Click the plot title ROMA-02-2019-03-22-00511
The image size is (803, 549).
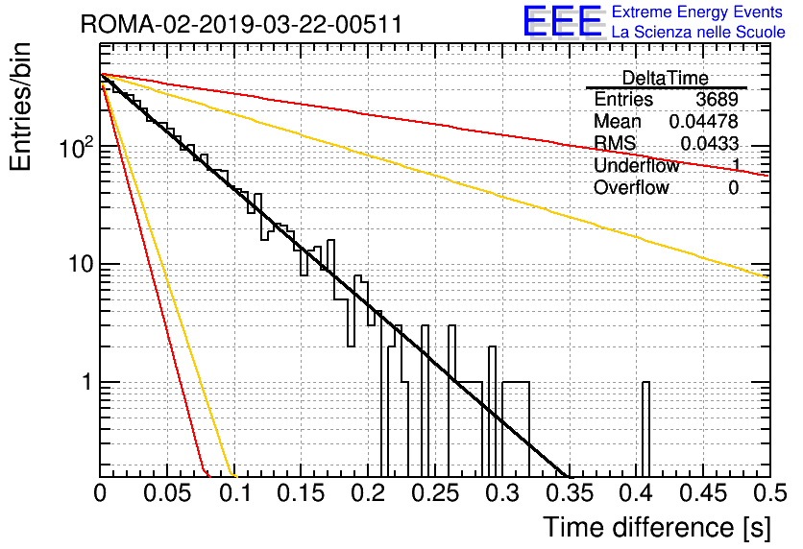click(x=241, y=24)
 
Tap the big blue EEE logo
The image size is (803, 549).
click(x=563, y=22)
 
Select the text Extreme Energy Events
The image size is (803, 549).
click(x=697, y=12)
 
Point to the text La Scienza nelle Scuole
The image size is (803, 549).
click(x=698, y=33)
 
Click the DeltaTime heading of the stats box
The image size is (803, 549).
click(x=666, y=78)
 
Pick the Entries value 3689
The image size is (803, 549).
click(x=717, y=99)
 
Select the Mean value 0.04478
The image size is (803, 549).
click(x=704, y=121)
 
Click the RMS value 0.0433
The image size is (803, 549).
click(x=709, y=144)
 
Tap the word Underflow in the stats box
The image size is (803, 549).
click(x=637, y=165)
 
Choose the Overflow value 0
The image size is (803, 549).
click(x=733, y=188)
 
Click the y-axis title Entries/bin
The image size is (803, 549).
click(x=20, y=107)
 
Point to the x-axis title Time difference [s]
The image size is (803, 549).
click(x=657, y=528)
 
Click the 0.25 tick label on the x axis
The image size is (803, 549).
click(x=436, y=493)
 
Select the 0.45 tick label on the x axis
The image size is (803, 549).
click(x=703, y=493)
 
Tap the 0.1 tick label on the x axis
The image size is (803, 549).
click(x=235, y=493)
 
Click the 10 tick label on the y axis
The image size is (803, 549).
click(x=82, y=265)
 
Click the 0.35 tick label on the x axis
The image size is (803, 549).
click(x=570, y=493)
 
